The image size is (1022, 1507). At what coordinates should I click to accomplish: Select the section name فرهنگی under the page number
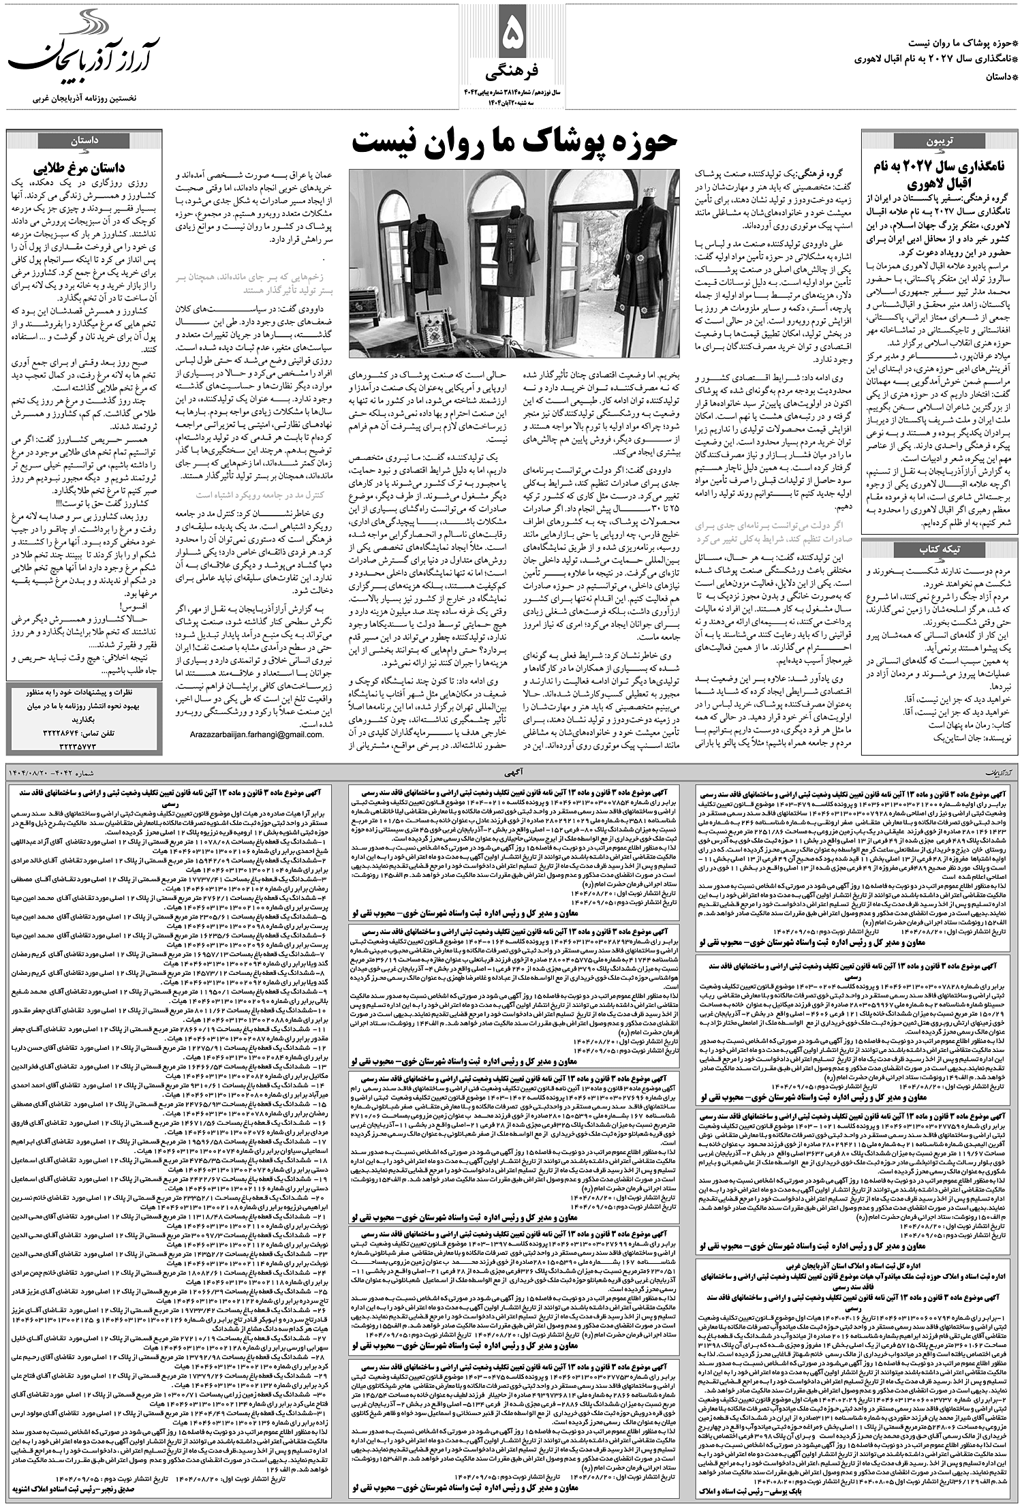coord(510,72)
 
